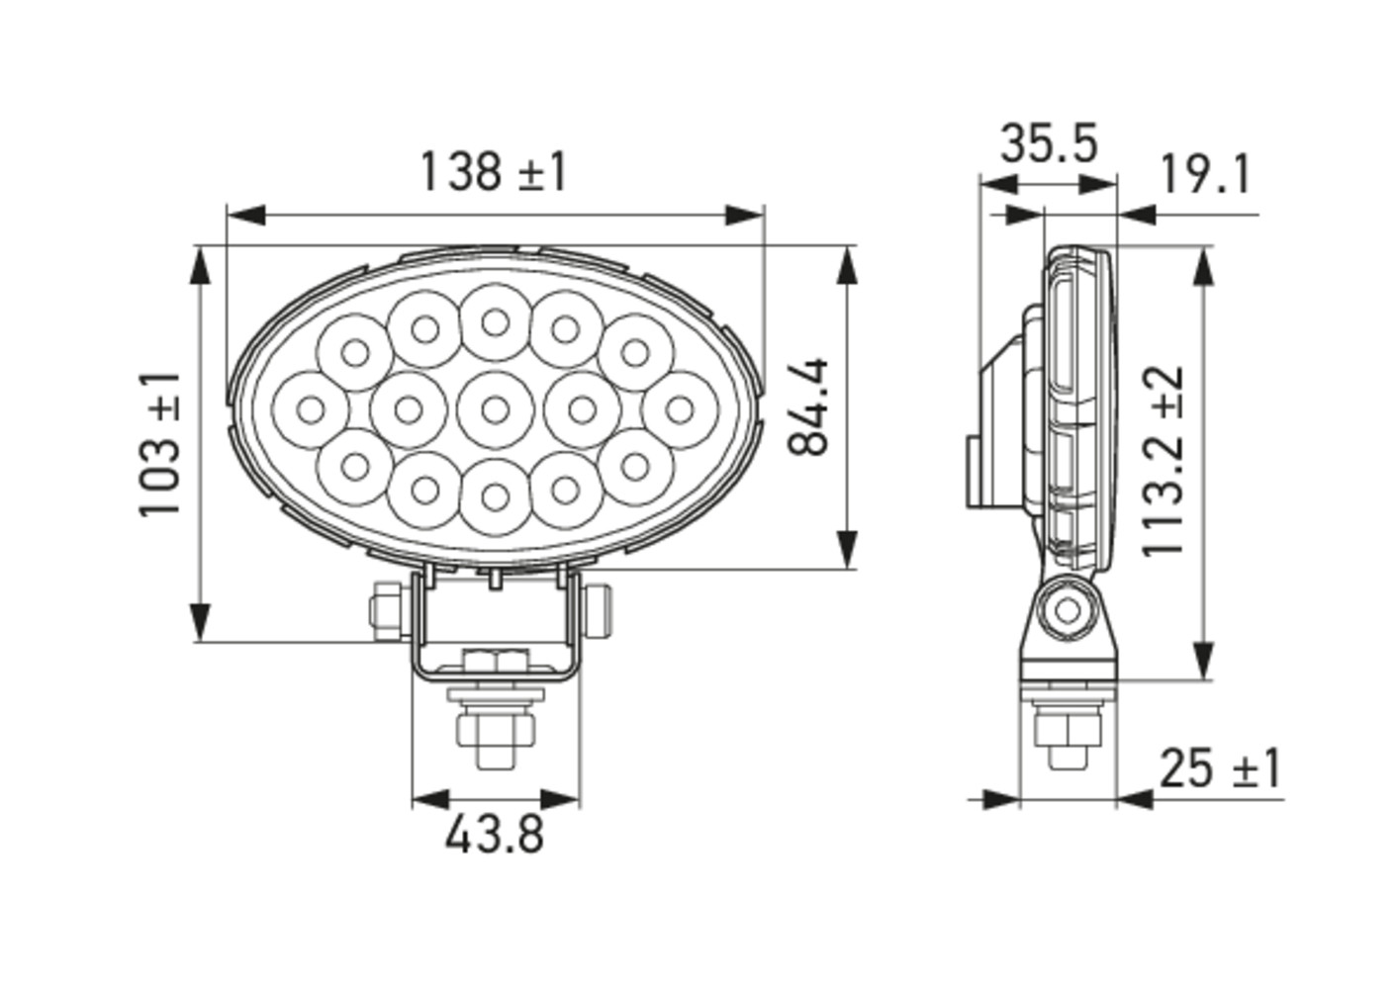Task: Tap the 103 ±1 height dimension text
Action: point(159,444)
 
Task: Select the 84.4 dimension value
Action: point(808,406)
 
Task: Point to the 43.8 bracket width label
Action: point(495,835)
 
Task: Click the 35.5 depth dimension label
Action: point(1049,143)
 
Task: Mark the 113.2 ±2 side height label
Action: point(1164,461)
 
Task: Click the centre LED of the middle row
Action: point(495,410)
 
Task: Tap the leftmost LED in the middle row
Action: point(311,410)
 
